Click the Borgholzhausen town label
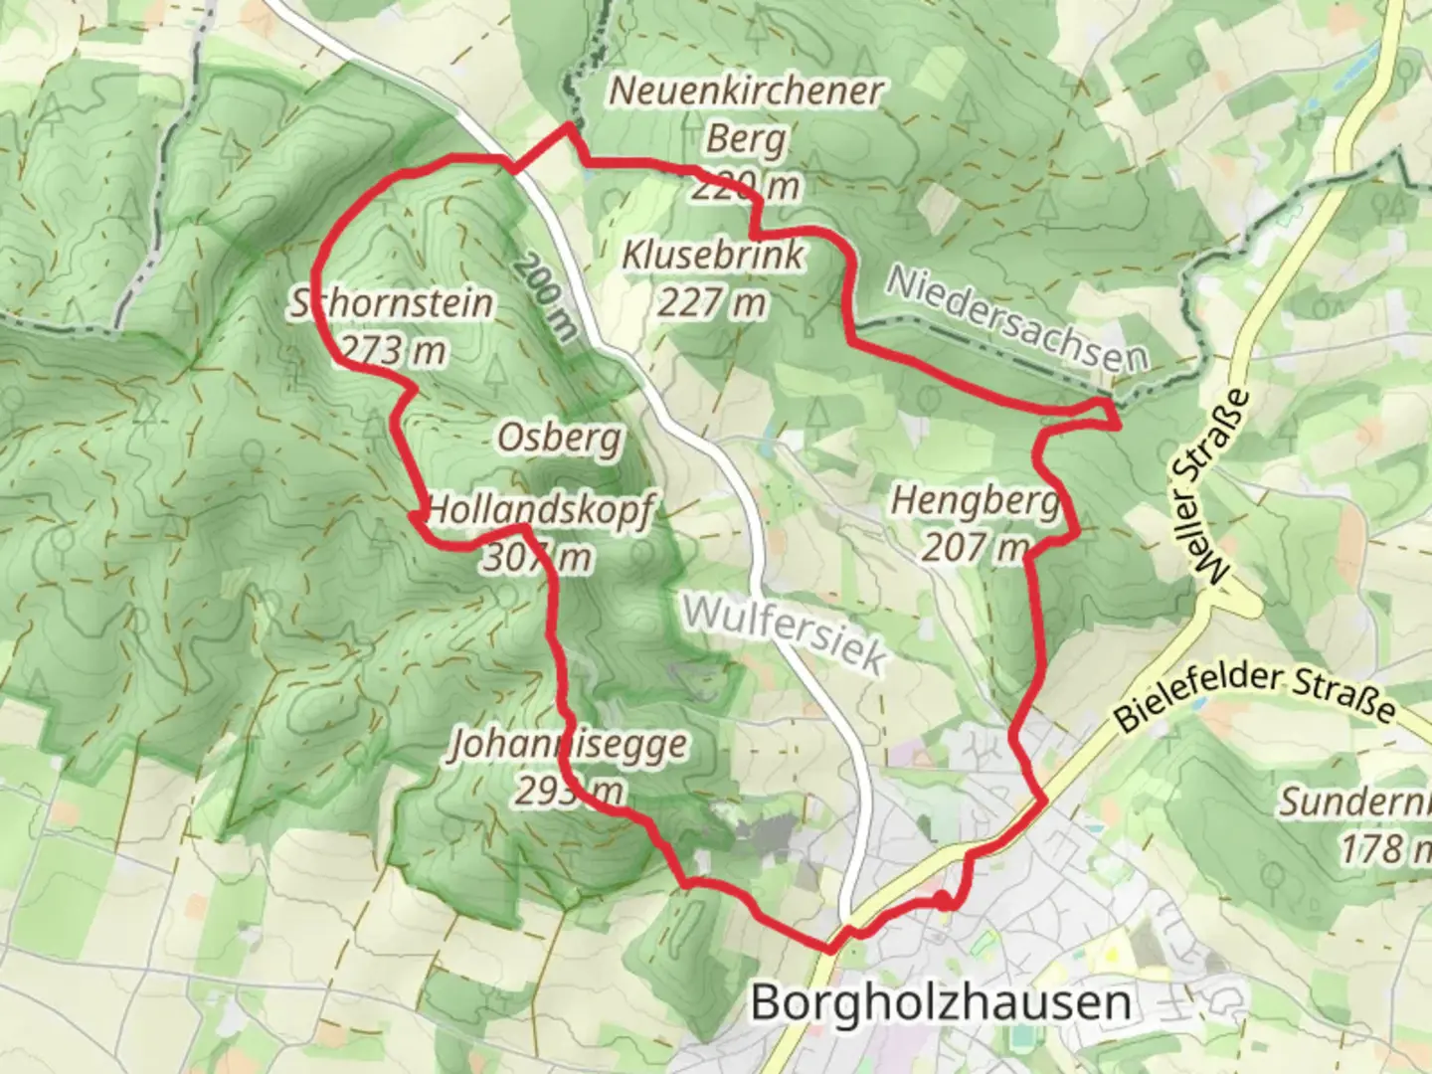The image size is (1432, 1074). pos(941,1002)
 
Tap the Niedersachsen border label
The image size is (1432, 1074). pos(1016,319)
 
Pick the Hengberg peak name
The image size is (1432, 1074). pos(975,500)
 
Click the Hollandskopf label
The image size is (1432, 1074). pos(540,511)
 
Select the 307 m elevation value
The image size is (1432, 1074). pos(537,558)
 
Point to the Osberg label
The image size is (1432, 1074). pos(560,437)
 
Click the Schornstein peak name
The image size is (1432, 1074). pos(392,302)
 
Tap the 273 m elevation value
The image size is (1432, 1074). pos(392,350)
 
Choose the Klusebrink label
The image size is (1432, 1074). pos(712,255)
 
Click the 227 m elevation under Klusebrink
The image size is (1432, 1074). pos(712,301)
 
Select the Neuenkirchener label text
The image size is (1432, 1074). pos(746,90)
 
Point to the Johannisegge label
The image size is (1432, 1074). pos(568,744)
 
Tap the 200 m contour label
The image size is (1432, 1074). pos(546,297)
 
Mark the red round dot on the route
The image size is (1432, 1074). pos(940,901)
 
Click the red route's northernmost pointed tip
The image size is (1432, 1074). pos(569,125)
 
